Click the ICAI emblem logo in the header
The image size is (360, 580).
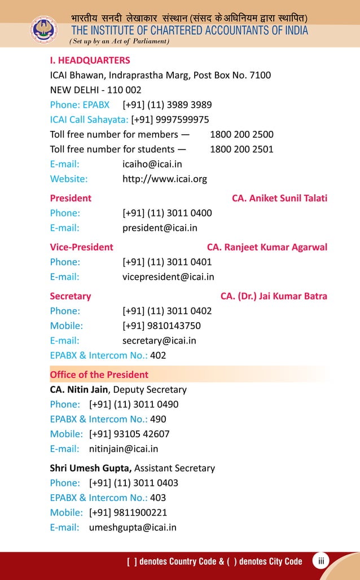tap(43, 30)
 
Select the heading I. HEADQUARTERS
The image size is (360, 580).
tap(90, 60)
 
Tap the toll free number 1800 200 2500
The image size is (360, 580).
tap(242, 134)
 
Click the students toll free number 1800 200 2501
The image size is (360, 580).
tap(242, 150)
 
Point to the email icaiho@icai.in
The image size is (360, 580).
tap(152, 164)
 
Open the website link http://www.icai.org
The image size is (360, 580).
tap(165, 179)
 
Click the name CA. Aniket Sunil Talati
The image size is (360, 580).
tap(279, 199)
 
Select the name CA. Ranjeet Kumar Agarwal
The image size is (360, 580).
tap(267, 247)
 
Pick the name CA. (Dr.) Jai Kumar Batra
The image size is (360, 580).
tap(274, 296)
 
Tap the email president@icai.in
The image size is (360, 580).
tap(160, 229)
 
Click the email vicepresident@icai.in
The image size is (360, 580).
tap(168, 277)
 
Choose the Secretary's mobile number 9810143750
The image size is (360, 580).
tap(161, 326)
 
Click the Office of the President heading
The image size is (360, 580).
tap(99, 375)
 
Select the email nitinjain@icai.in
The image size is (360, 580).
tap(124, 449)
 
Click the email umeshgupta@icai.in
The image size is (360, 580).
tap(133, 528)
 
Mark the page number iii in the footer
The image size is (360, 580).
tap(321, 561)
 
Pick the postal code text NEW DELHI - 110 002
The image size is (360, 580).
tap(95, 90)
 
